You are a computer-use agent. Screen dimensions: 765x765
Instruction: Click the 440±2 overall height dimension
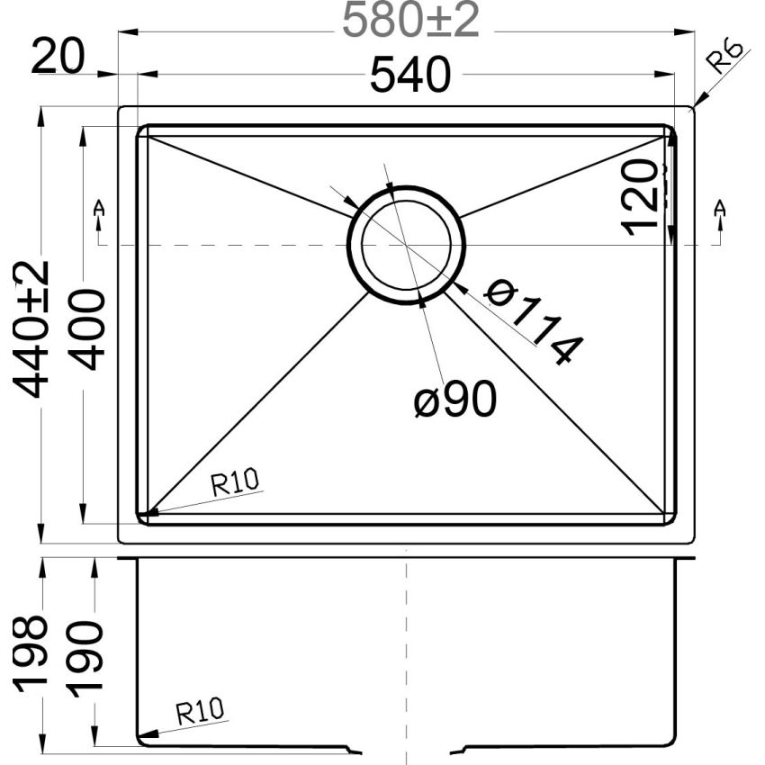(x=35, y=328)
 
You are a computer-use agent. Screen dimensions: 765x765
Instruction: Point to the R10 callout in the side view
(x=200, y=713)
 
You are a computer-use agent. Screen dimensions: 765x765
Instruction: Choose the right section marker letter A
(x=718, y=209)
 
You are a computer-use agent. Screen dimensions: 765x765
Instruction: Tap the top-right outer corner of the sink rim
(x=692, y=108)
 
